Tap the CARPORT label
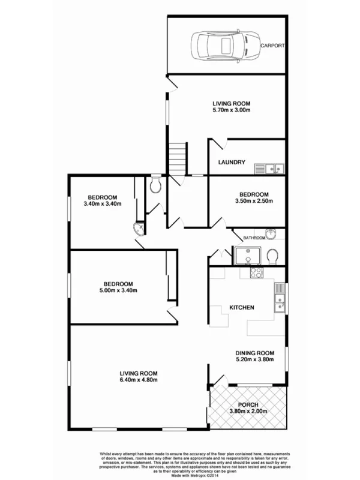(272, 46)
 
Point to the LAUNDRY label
(230, 162)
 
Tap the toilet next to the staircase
(156, 184)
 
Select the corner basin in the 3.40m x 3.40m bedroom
(139, 228)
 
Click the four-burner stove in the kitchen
(256, 272)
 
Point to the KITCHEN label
(242, 307)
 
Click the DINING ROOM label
(254, 353)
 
